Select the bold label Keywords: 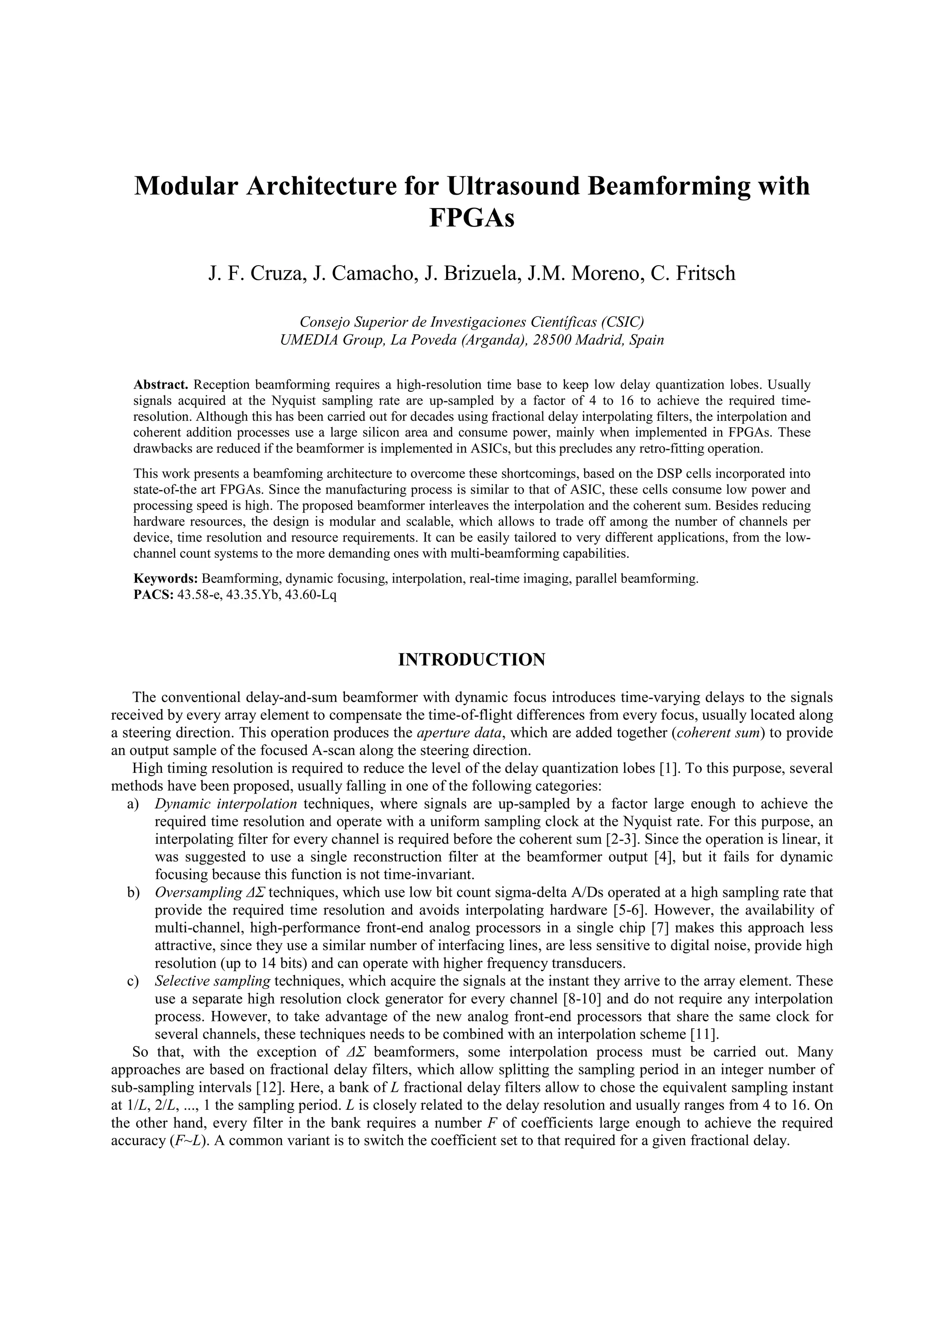click(x=166, y=579)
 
